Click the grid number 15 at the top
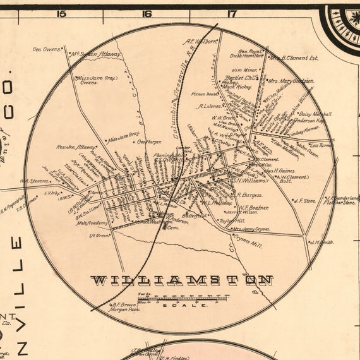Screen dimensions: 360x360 coord(61,13)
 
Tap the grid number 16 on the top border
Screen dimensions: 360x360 coord(147,13)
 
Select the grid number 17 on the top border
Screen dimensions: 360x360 coord(231,13)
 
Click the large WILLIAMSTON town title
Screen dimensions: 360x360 coord(182,280)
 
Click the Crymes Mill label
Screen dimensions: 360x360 coord(248,241)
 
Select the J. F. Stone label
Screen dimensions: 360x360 coord(305,200)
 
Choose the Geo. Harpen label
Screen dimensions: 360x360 coord(150,141)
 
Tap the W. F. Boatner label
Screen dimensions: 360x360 coord(253,207)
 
